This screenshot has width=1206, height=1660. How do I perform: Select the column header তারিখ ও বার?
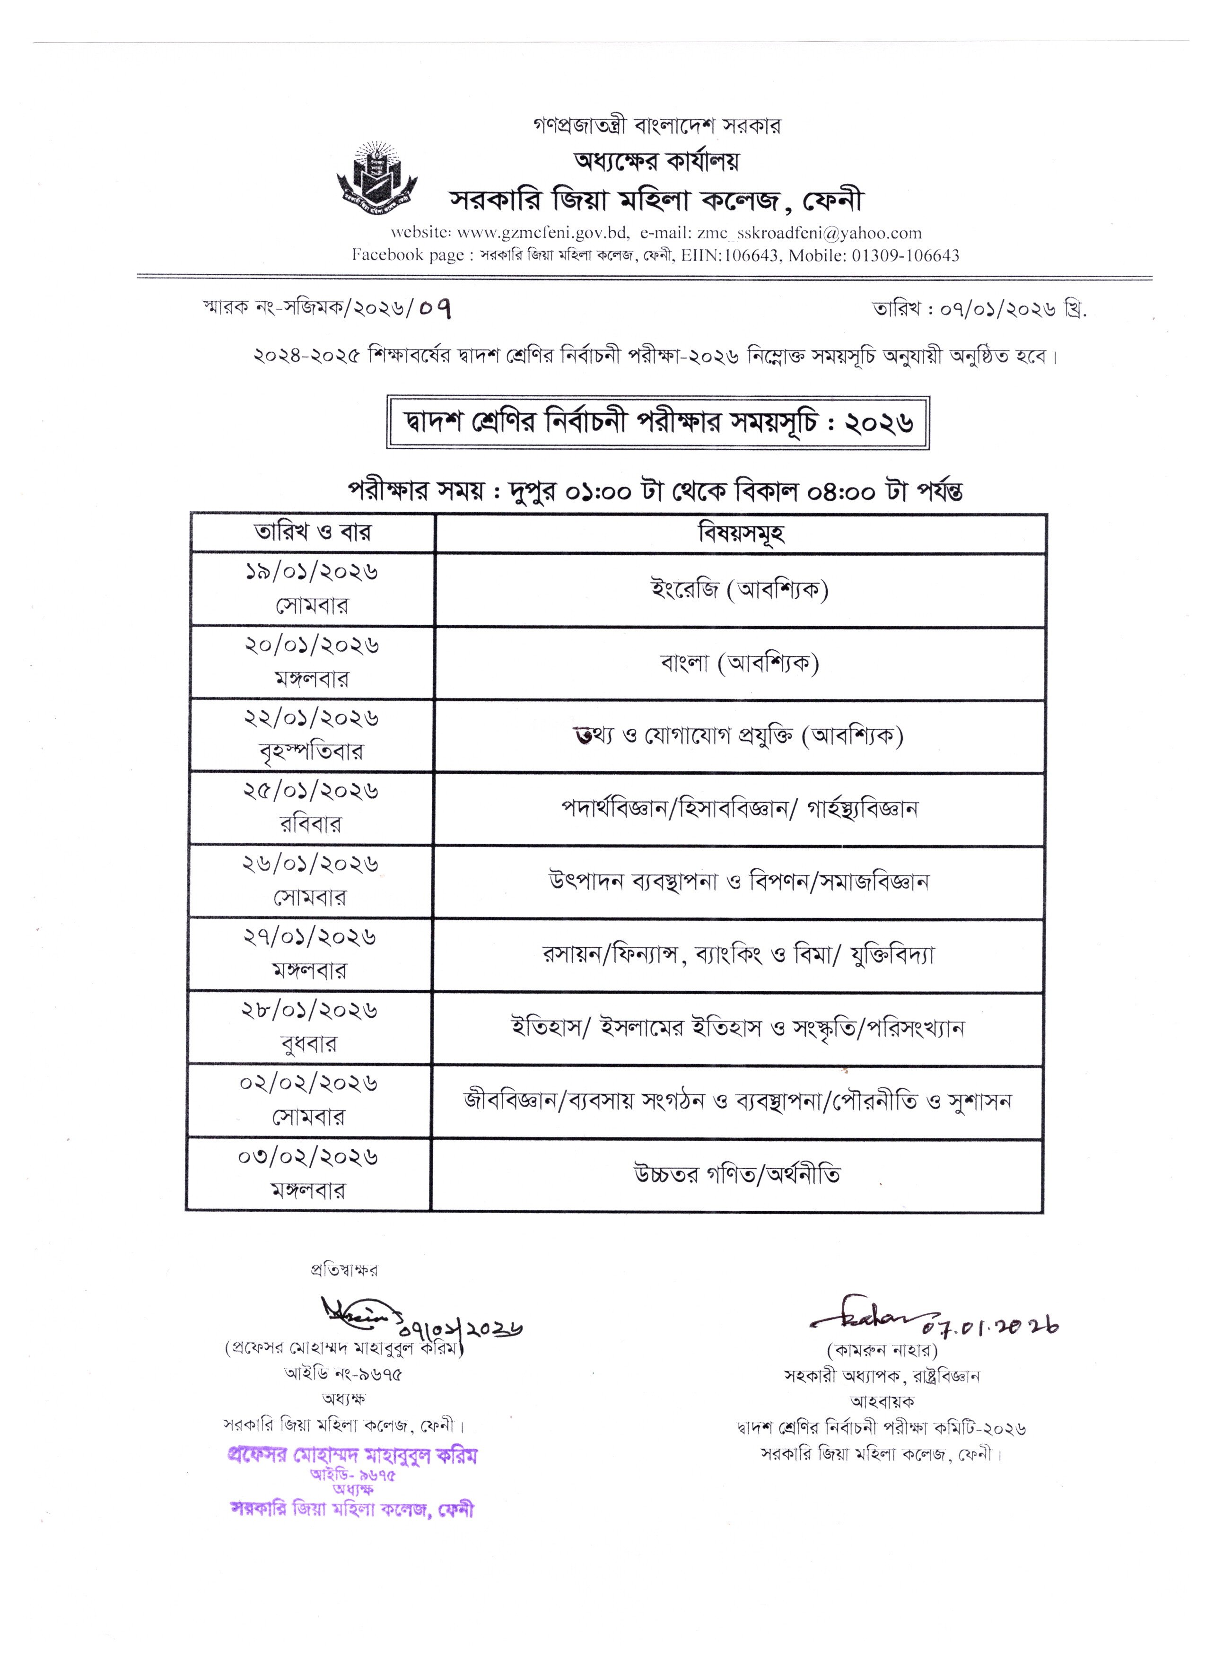point(313,532)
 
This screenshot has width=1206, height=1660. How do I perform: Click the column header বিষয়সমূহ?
point(741,533)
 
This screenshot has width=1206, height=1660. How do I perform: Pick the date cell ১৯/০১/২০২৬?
point(313,572)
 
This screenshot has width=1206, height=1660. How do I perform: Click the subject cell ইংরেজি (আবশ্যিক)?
point(740,589)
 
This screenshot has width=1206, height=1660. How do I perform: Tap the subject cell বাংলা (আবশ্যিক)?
point(740,663)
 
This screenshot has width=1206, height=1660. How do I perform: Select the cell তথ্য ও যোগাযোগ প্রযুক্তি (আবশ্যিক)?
point(739,735)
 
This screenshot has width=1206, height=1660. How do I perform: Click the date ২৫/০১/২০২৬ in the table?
point(311,792)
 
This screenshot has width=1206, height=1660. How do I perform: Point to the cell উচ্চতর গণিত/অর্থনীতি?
point(737,1175)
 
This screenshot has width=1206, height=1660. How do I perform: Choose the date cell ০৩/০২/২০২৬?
point(308,1158)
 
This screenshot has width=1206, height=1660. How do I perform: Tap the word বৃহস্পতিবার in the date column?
point(311,751)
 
